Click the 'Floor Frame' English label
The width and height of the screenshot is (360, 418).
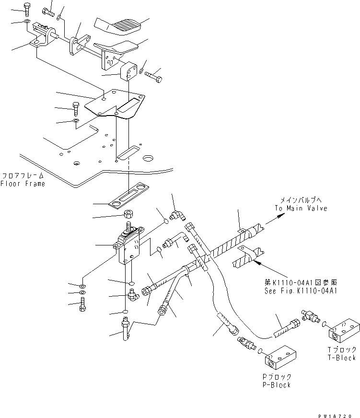(23, 184)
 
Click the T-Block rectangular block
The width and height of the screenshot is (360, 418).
(344, 330)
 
